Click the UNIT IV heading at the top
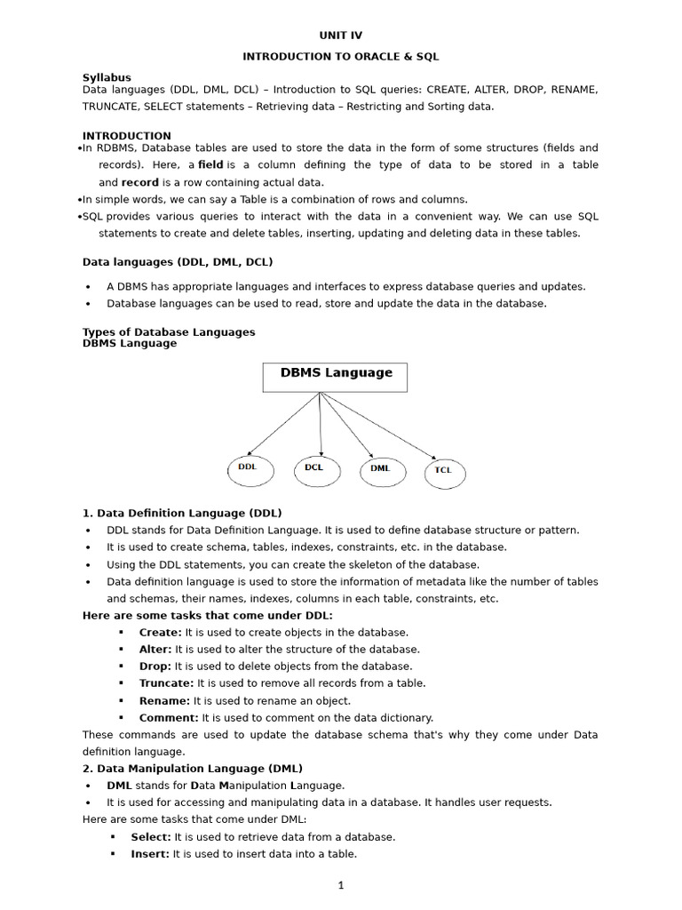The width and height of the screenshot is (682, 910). click(341, 36)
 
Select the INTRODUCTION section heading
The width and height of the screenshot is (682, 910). click(127, 136)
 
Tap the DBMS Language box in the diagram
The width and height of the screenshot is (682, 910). click(336, 376)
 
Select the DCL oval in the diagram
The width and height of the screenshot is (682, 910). click(316, 467)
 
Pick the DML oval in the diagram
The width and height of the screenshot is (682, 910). click(382, 468)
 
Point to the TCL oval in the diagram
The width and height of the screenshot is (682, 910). click(443, 470)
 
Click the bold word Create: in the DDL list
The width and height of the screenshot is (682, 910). click(160, 633)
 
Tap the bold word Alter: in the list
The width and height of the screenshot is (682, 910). click(155, 650)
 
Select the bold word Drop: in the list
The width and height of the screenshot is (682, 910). click(155, 667)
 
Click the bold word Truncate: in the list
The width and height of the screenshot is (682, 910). click(166, 683)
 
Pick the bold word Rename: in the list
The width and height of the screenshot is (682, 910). click(164, 700)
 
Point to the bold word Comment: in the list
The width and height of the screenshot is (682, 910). click(169, 717)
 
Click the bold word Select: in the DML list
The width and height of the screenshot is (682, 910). click(151, 837)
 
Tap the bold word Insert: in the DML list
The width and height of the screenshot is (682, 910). click(150, 854)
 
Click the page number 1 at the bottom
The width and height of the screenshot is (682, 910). click(340, 885)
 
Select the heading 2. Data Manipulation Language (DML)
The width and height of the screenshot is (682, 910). click(193, 768)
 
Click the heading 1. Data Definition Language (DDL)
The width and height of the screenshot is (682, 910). click(182, 513)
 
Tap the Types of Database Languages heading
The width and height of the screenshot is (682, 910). click(169, 331)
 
